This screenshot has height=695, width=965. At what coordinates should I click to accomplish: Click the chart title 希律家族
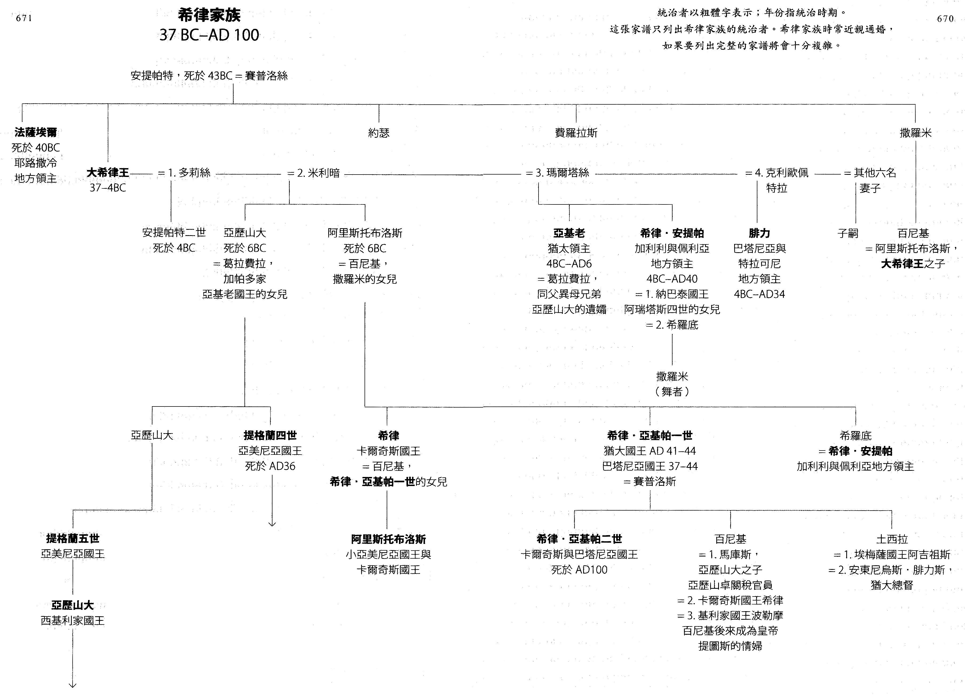coord(209,15)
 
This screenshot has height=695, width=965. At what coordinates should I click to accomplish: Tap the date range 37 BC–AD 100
coord(209,35)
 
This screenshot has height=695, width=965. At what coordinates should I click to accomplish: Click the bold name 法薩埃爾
coord(36,132)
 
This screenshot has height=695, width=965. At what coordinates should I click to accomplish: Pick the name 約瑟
coord(379,133)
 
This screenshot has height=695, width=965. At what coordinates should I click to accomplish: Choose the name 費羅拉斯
coord(576,133)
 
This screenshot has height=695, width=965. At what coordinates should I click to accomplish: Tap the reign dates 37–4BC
coord(108,188)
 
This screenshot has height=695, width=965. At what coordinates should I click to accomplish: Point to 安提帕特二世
coord(174,233)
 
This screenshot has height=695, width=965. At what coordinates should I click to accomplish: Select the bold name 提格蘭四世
coord(270,435)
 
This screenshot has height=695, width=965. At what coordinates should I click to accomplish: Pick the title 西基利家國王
coord(73,621)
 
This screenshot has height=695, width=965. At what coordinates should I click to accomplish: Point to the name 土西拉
coord(892,539)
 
